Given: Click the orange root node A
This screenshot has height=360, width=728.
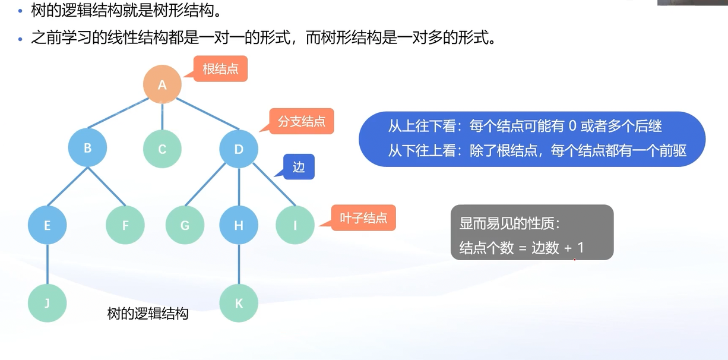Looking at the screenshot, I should [x=162, y=84].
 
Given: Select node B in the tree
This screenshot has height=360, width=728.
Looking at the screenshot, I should [x=87, y=148].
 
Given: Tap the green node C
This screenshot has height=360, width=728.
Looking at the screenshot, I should [x=162, y=149].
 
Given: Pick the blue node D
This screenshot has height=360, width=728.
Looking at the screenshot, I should [x=239, y=149].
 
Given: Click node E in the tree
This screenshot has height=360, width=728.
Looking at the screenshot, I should [x=47, y=225].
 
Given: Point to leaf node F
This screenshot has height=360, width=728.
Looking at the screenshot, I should [x=125, y=225].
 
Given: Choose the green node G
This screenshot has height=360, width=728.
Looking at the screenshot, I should [x=185, y=225].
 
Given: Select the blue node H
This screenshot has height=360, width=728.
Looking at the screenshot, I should [x=239, y=225].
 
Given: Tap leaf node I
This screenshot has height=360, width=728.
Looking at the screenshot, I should [x=295, y=225].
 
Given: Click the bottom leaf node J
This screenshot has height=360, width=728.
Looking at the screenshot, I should [x=47, y=303].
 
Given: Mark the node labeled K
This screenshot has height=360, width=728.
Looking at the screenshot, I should [x=239, y=303].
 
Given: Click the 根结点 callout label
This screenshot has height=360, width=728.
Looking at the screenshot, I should [x=220, y=70].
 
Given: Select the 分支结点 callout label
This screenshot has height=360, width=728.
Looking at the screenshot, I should [x=302, y=122].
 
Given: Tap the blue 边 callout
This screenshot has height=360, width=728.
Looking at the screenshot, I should [x=299, y=168].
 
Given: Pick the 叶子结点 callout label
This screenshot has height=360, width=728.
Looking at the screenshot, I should [x=363, y=218].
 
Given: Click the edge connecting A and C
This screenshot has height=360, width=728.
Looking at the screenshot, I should [x=162, y=116].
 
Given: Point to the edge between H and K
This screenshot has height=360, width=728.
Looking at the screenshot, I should [x=239, y=264].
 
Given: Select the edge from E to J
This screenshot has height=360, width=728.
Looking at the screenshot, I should [x=47, y=264].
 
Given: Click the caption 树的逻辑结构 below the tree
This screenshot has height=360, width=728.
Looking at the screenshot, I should [x=147, y=314].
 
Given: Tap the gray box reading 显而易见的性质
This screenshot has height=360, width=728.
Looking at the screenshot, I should [x=532, y=232].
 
